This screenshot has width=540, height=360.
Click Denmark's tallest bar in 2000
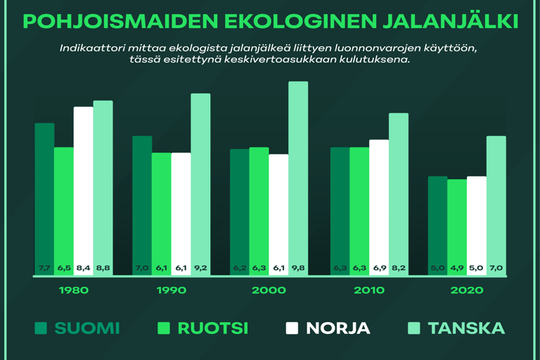pyautogui.click(x=298, y=176)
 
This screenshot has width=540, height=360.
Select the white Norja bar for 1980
pyautogui.click(x=84, y=190)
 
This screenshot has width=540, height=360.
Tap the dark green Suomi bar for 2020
pyautogui.click(x=437, y=225)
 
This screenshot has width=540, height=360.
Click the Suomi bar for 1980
pyautogui.click(x=44, y=197)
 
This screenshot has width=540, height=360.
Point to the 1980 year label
pyautogui.click(x=74, y=290)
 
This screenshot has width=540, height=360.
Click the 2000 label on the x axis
pyautogui.click(x=269, y=290)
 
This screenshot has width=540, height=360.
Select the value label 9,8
pyautogui.click(x=298, y=268)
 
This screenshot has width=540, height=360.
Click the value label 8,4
pyautogui.click(x=84, y=268)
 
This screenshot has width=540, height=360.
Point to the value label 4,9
pyautogui.click(x=457, y=268)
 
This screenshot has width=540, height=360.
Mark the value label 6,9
pyautogui.click(x=379, y=268)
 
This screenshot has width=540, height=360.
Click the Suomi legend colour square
pyautogui.click(x=41, y=328)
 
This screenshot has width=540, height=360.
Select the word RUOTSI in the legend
pyautogui.click(x=212, y=328)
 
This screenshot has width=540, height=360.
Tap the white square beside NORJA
pyautogui.click(x=292, y=328)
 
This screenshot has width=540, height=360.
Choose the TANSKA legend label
pyautogui.click(x=466, y=328)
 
